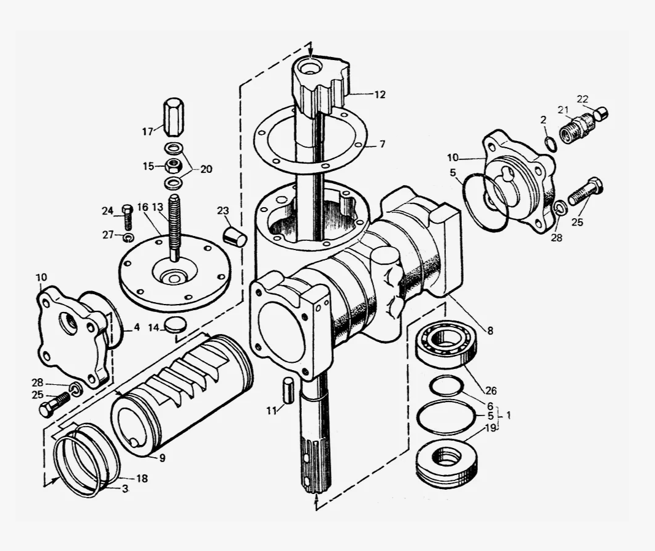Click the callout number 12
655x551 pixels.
click(379, 95)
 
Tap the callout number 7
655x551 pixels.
click(382, 144)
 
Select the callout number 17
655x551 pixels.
click(147, 132)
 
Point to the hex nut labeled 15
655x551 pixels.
click(172, 165)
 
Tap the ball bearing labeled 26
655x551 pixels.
click(446, 344)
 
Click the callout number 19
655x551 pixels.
click(491, 428)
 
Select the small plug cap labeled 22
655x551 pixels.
click(601, 113)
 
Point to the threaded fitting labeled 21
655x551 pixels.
click(577, 128)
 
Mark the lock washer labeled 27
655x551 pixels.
click(128, 238)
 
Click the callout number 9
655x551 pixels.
click(162, 458)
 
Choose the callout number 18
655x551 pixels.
click(142, 478)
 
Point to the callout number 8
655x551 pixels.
click(490, 330)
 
